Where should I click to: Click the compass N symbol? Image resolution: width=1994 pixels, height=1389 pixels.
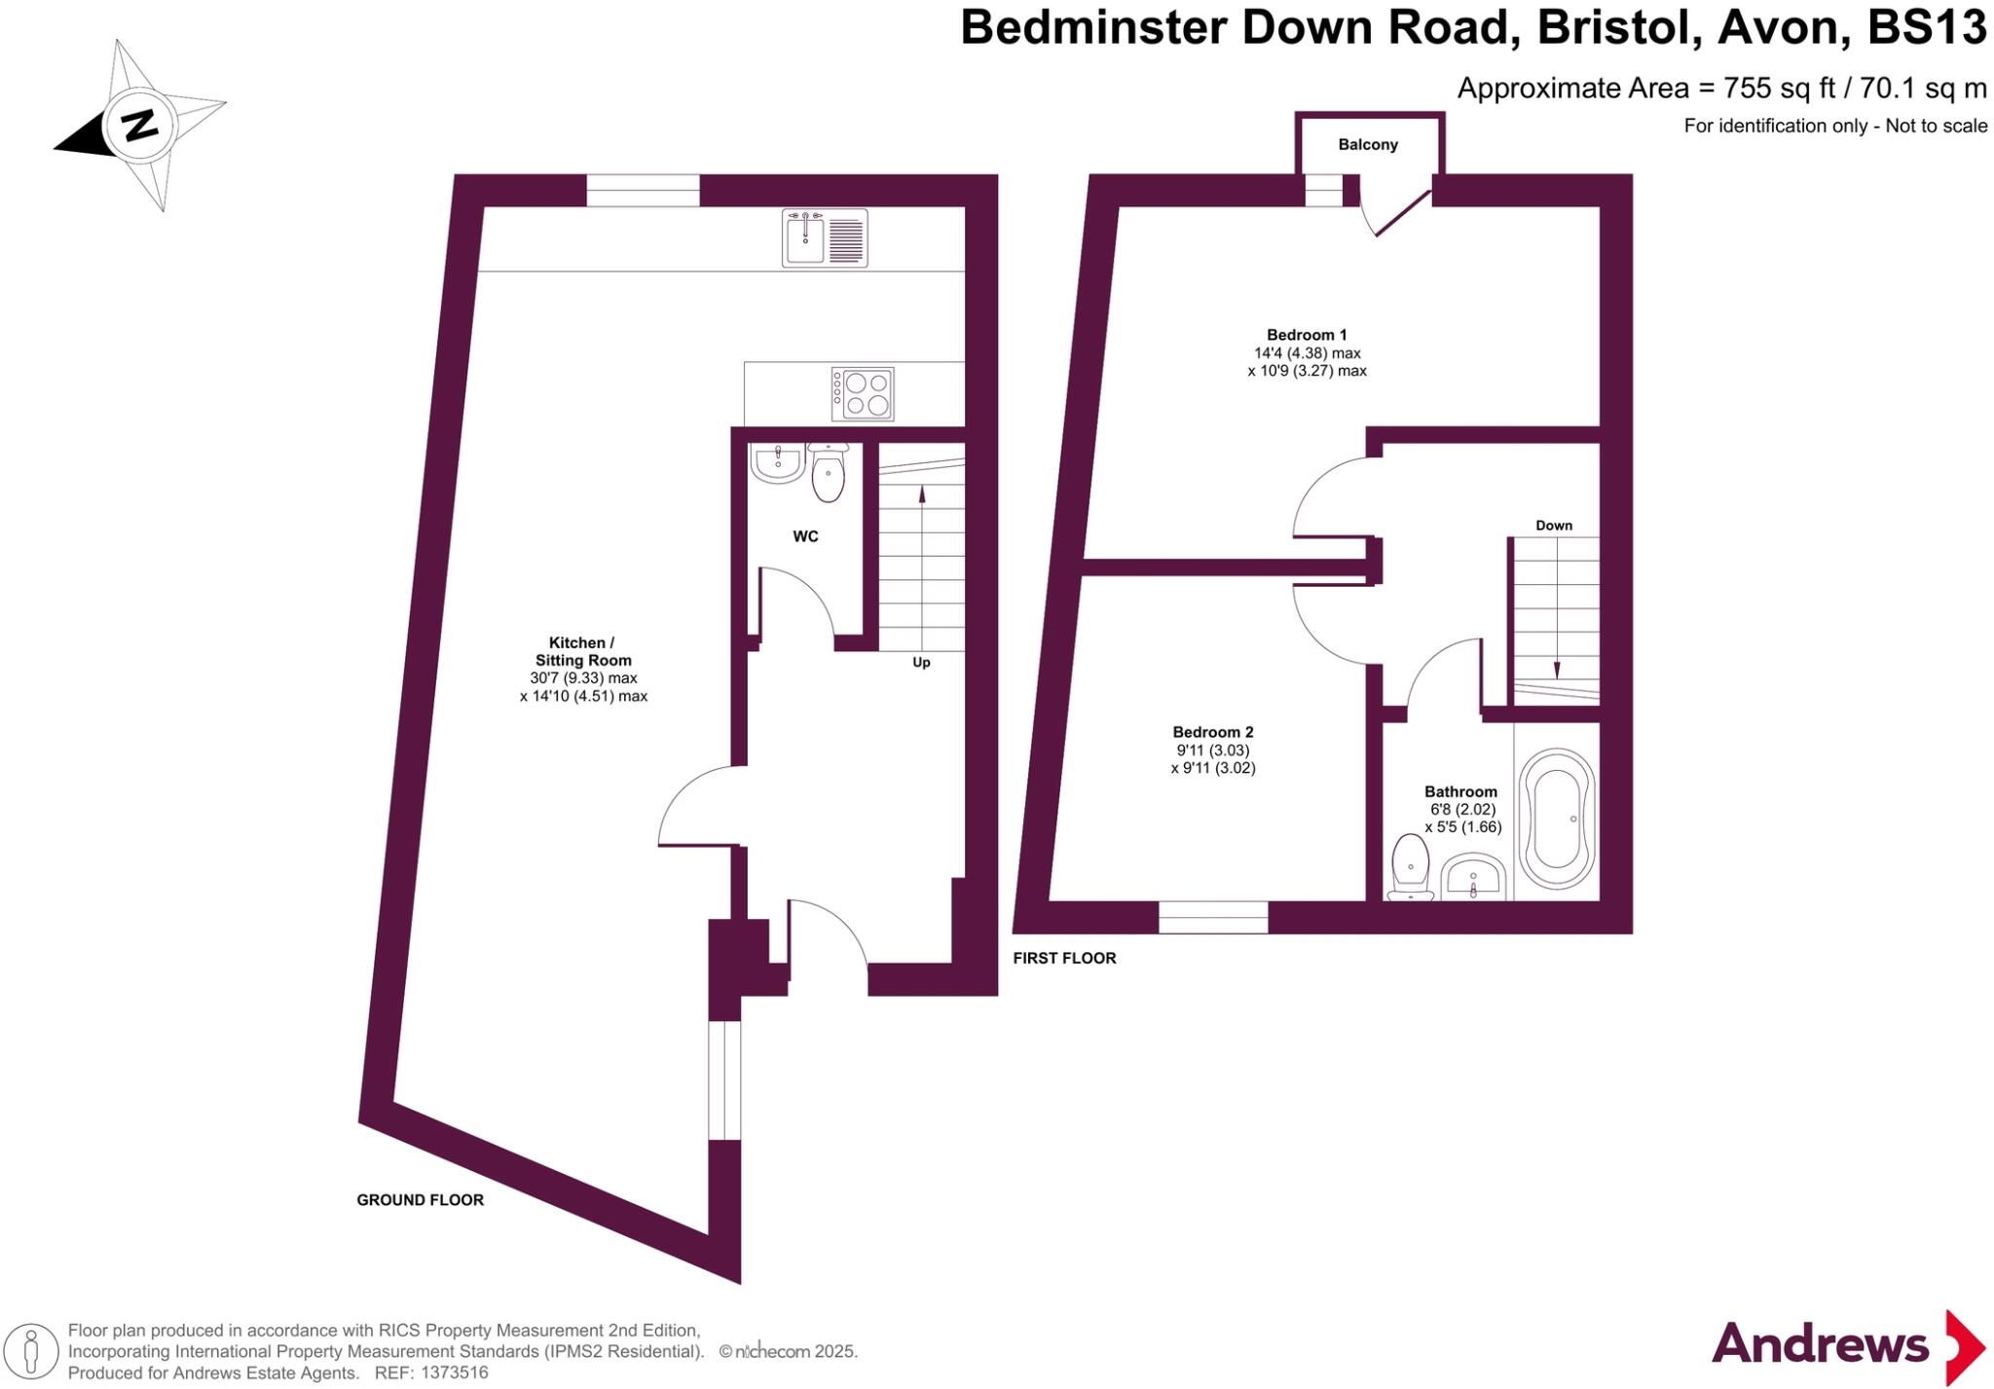point(139,126)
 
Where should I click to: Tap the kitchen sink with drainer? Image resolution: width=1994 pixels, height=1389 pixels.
point(825,238)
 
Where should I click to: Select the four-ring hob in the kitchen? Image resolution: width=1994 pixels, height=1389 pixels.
point(863,393)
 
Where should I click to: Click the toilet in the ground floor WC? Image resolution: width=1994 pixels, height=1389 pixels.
point(829,474)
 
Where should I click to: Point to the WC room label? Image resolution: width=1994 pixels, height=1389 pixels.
point(805,536)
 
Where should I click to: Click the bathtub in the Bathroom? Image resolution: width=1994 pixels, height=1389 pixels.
point(1558,818)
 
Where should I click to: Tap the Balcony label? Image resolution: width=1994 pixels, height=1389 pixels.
point(1367,145)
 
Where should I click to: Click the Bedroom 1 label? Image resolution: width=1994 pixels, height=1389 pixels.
point(1307,335)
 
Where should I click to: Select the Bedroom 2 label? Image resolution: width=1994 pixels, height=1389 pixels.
point(1212,732)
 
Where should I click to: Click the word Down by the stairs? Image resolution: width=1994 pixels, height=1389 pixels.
point(1554,526)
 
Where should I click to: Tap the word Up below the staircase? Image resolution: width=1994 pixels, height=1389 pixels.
point(921,663)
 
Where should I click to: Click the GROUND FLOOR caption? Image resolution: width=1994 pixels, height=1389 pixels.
point(420,1200)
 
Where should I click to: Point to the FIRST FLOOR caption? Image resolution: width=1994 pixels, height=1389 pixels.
point(1064,958)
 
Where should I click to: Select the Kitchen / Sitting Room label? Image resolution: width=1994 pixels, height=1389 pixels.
point(582,651)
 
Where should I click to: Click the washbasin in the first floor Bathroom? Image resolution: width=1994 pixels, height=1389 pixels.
point(1473,878)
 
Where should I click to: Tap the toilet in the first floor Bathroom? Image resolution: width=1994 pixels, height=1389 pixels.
point(1410,866)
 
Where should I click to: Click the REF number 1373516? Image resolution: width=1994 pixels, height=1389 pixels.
point(454,1372)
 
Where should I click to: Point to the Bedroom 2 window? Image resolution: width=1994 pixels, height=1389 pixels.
point(1213,917)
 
